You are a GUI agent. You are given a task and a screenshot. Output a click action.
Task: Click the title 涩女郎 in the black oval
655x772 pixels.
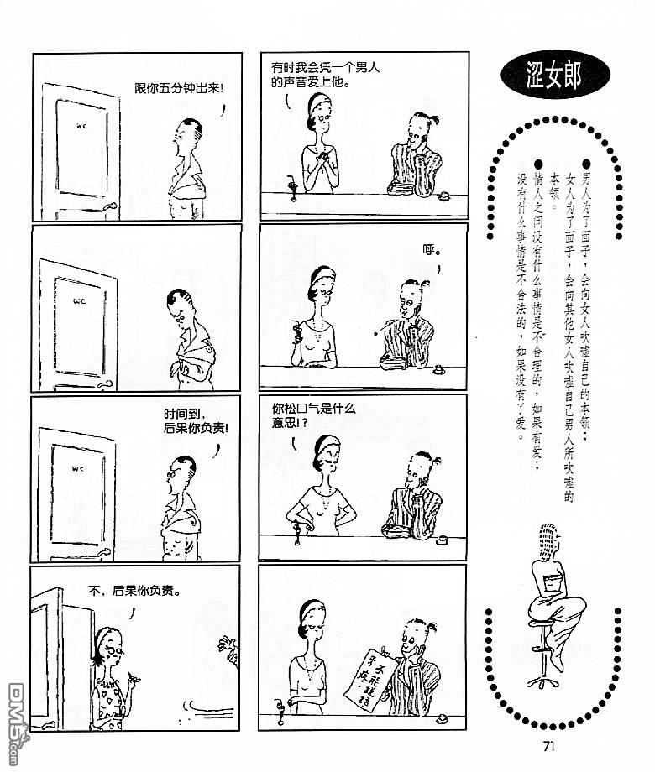coord(554,75)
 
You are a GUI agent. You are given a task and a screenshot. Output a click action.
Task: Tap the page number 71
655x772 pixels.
coord(548,746)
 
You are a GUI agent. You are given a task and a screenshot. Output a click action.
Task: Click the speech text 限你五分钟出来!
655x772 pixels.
coord(179,89)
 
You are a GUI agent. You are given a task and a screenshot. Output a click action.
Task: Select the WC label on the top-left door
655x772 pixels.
coord(82,126)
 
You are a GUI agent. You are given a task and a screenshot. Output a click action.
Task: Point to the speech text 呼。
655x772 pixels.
coord(432,250)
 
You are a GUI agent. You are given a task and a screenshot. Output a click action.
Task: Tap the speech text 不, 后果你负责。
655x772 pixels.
coord(134,590)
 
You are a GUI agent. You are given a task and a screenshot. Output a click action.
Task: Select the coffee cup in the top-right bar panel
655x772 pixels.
coord(444,196)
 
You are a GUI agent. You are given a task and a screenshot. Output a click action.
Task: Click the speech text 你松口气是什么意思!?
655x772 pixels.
coord(313,415)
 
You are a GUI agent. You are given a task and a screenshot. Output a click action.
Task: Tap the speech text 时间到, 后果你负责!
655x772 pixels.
coord(196,421)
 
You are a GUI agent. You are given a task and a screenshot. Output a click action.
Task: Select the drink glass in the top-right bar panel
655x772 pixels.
coord(293,190)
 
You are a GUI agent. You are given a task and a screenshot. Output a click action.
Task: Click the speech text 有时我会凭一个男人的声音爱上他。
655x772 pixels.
coord(325,75)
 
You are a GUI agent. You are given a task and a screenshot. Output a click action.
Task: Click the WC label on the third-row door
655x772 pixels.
coord(78,469)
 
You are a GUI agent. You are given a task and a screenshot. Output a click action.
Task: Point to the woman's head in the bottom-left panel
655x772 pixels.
coord(110,643)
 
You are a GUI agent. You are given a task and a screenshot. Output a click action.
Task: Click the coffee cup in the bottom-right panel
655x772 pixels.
coord(442,720)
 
